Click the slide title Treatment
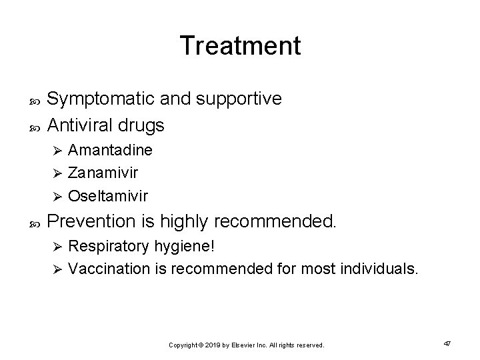pos(240,45)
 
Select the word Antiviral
pos(82,125)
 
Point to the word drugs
pos(143,125)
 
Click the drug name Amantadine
pos(110,151)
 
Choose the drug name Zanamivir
pos(104,173)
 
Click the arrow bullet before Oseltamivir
pos(57,197)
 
